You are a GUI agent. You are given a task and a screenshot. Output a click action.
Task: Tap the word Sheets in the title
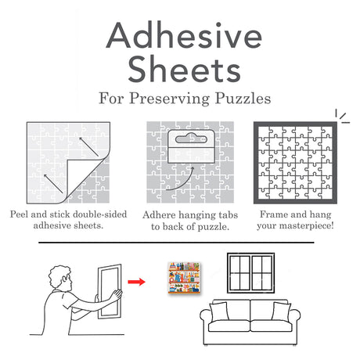pyautogui.click(x=180, y=70)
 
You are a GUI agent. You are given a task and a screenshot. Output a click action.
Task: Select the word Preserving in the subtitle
pyautogui.click(x=185, y=99)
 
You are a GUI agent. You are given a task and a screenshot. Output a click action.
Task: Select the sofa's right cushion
pyautogui.click(x=279, y=311)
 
